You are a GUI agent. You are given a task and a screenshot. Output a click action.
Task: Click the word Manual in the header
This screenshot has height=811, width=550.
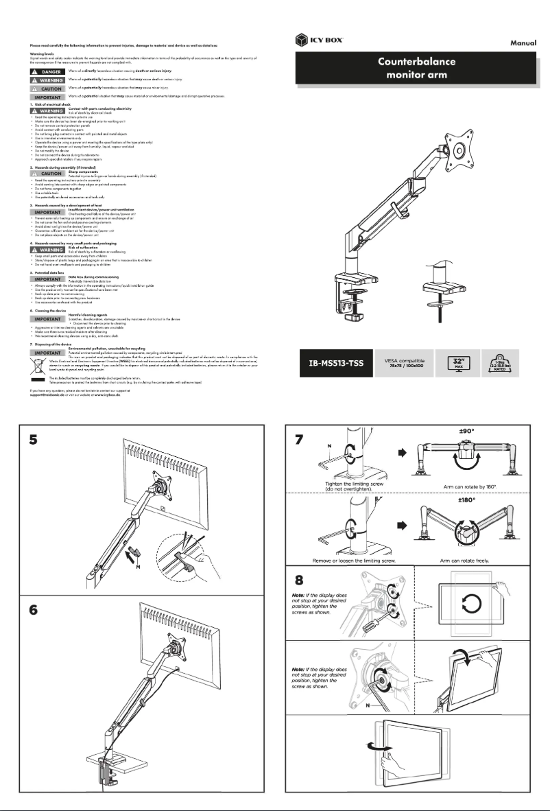point(527,42)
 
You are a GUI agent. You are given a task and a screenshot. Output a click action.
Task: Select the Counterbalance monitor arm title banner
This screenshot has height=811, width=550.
point(417,67)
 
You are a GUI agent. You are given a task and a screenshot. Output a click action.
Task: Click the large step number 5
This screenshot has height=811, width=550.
point(32,440)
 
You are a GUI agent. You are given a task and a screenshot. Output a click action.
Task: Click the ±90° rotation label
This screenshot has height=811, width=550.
point(468,432)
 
